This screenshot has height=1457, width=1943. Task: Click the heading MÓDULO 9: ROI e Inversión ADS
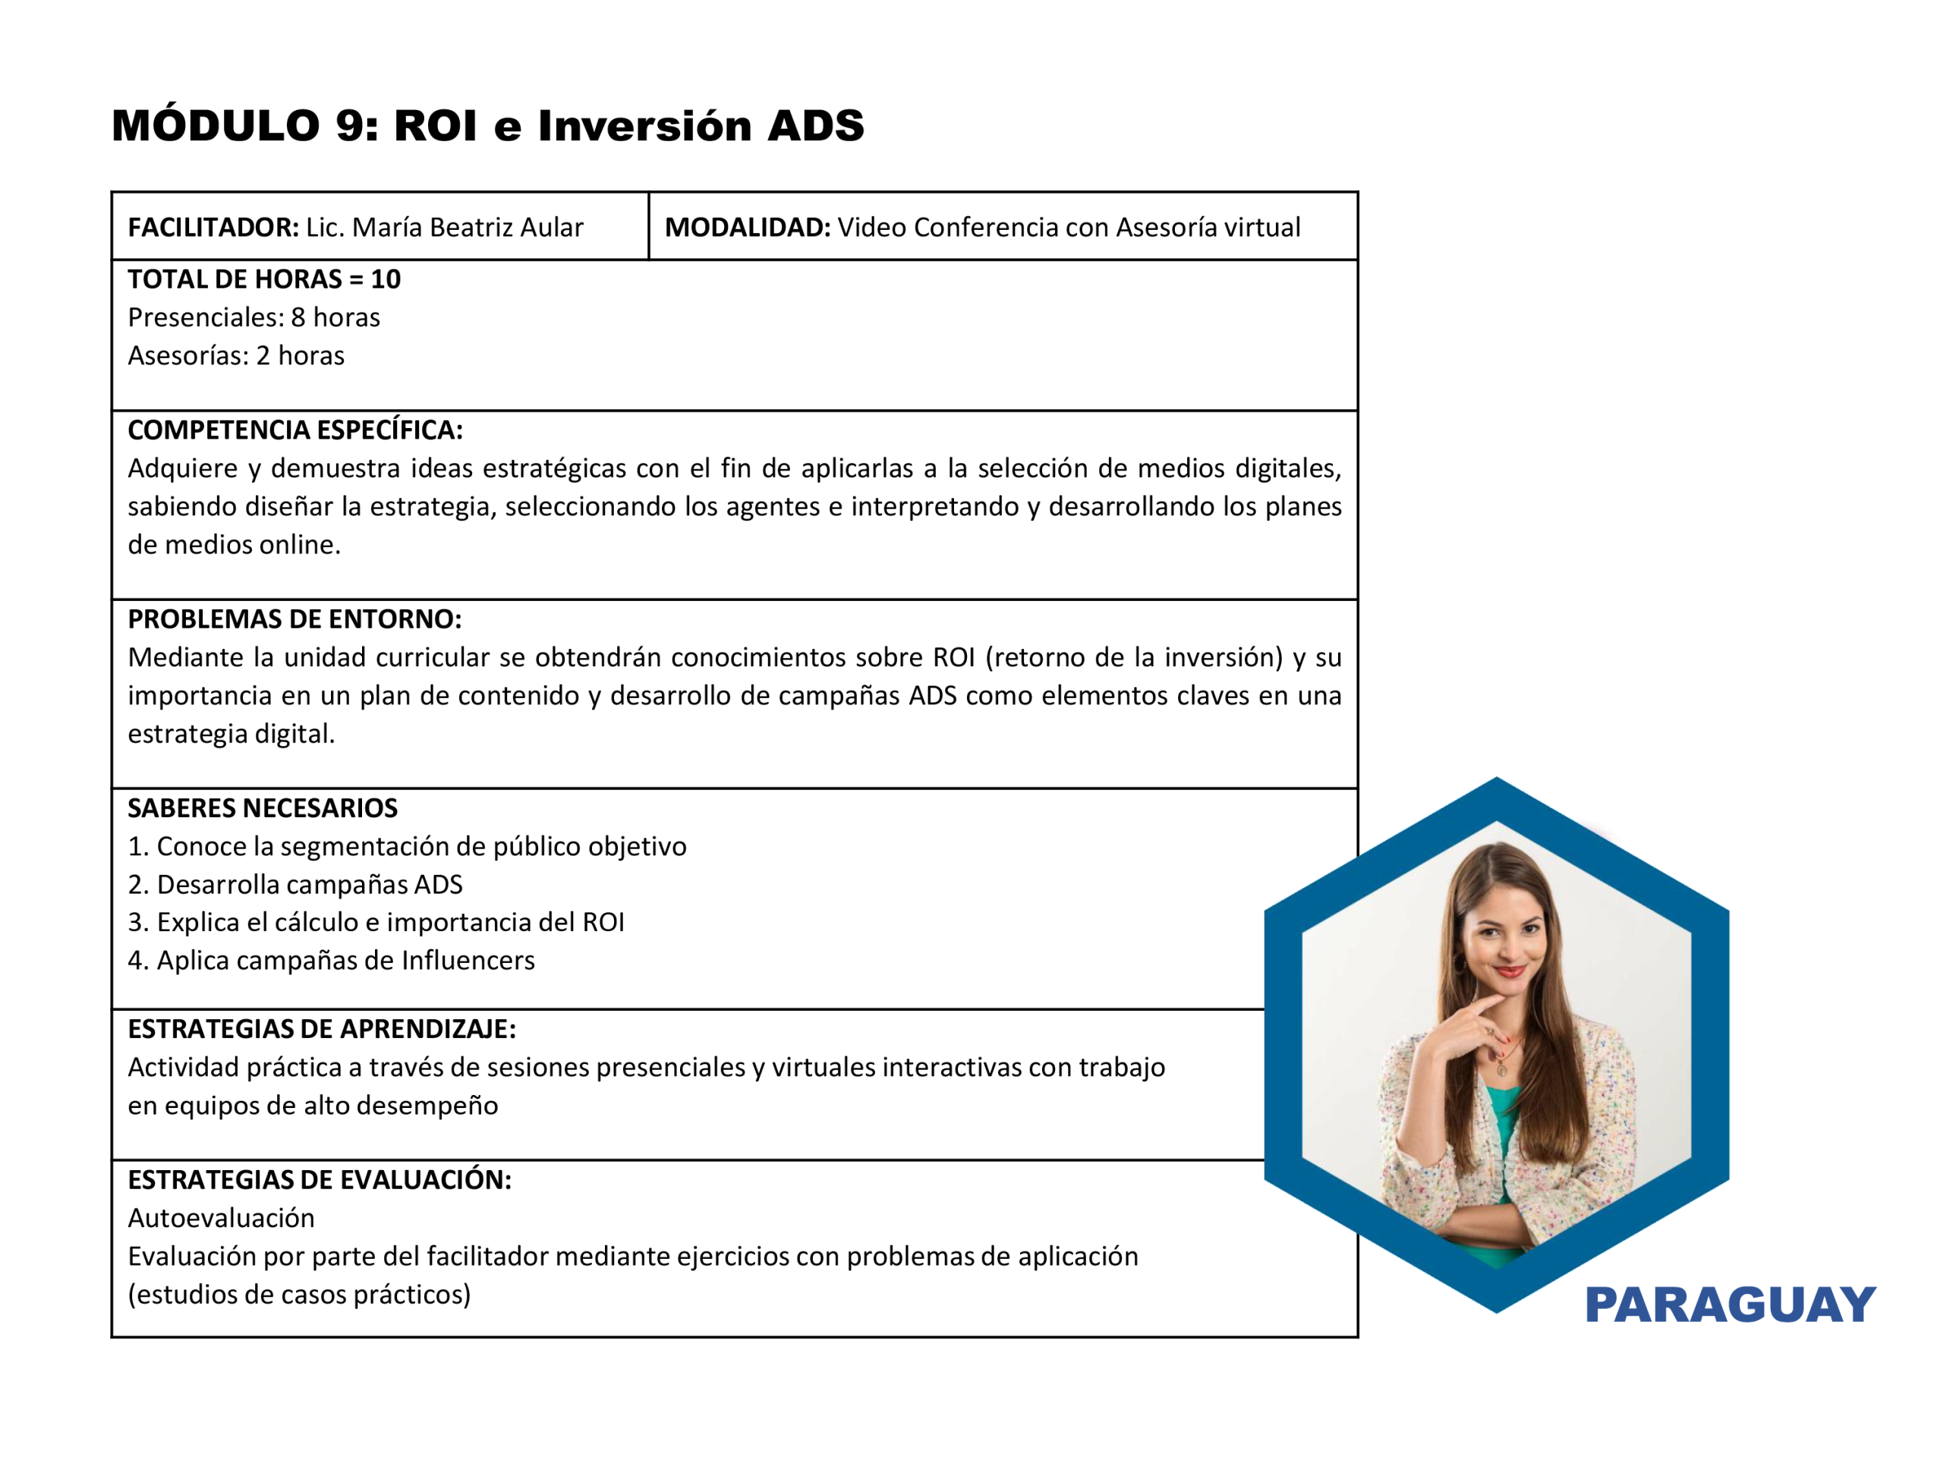tap(487, 125)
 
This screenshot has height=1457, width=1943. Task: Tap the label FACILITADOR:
tap(213, 228)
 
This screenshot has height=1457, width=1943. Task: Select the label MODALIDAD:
tap(748, 228)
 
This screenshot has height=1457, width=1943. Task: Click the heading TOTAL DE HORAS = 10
tap(264, 279)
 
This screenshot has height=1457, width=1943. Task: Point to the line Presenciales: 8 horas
tap(254, 317)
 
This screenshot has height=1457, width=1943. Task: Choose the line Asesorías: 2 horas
tap(236, 356)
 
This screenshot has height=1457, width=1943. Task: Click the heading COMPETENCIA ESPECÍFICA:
tap(295, 430)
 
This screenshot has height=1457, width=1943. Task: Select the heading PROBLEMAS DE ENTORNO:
tap(295, 619)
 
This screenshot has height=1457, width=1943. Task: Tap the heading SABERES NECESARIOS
tap(263, 808)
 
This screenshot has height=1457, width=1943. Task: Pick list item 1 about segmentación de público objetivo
tap(408, 847)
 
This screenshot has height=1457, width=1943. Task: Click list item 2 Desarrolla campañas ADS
tap(295, 884)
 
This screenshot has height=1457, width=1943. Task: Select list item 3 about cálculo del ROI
tap(376, 922)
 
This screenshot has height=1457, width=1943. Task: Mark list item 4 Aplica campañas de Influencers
tap(331, 961)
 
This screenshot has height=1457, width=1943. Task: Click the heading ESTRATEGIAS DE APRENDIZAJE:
tap(323, 1029)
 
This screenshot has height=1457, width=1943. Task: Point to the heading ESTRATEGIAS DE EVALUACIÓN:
tap(320, 1179)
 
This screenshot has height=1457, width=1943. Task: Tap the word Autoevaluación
tap(222, 1218)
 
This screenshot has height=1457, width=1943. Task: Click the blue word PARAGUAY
tap(1730, 1305)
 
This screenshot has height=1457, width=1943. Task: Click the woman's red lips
tap(1510, 971)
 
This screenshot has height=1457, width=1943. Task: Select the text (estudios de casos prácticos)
tap(300, 1295)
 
